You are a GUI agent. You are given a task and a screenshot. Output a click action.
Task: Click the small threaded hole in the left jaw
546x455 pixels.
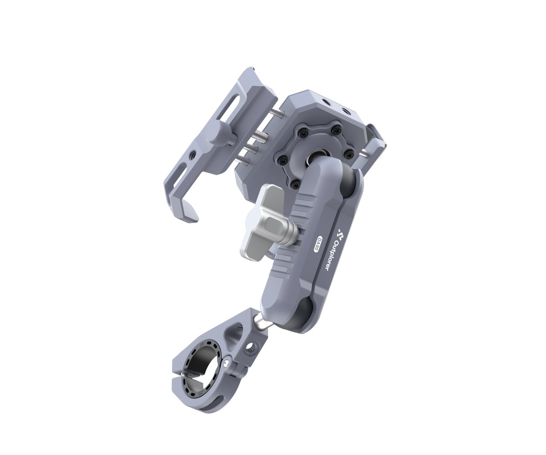(x=194, y=155)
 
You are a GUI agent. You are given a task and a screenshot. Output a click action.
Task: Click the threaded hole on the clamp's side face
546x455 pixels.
(x=249, y=349)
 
